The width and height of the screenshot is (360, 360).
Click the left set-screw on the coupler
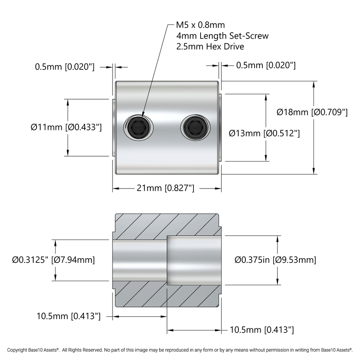click(x=138, y=127)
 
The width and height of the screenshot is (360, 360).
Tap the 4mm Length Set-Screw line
click(x=222, y=36)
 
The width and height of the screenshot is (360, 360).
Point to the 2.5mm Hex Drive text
click(x=210, y=46)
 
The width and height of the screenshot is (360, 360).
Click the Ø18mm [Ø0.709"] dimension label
click(x=312, y=112)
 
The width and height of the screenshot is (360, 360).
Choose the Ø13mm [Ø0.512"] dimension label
click(x=264, y=133)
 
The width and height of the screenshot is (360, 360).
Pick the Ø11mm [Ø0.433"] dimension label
click(x=66, y=127)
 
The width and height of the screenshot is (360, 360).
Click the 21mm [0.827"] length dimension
click(x=166, y=188)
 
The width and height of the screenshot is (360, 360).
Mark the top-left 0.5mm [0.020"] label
click(x=64, y=66)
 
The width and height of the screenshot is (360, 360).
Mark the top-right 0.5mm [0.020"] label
click(x=266, y=65)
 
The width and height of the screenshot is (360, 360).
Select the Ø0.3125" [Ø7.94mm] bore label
click(x=54, y=260)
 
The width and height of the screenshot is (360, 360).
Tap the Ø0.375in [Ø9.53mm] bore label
click(x=275, y=260)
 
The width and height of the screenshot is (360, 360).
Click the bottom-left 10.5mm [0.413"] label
click(x=69, y=316)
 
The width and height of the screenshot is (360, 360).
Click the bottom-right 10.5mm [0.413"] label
click(x=262, y=330)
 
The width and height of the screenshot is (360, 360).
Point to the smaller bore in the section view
click(x=140, y=260)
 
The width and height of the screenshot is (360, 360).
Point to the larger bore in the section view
click(x=193, y=260)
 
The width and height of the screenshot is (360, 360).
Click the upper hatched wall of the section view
click(x=166, y=226)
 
